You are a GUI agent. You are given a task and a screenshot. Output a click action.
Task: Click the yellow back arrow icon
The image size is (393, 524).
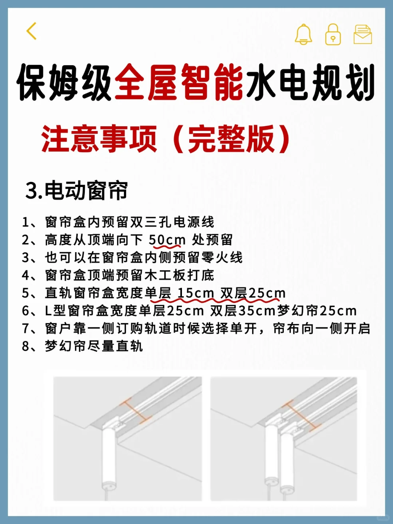[x=32, y=31]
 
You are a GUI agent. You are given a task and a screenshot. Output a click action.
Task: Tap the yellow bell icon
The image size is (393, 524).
[x=303, y=35]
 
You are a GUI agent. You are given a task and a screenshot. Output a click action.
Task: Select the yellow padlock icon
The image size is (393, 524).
[x=333, y=35]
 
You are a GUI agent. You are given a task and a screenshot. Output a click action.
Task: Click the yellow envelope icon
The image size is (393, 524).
[x=362, y=35]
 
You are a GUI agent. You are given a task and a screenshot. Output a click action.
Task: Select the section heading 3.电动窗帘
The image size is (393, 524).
[x=76, y=190]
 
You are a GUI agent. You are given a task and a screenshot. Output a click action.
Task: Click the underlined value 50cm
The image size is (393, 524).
[x=167, y=240]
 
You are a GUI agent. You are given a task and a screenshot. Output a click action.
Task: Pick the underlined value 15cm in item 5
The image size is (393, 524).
[x=195, y=293]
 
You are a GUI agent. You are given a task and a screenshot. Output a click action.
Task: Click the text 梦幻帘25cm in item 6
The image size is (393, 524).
[x=317, y=311]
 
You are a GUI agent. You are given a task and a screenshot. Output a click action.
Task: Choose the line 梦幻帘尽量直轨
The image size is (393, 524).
[x=94, y=346]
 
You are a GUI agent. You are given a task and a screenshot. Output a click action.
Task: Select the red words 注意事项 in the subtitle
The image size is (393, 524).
[x=99, y=139]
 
